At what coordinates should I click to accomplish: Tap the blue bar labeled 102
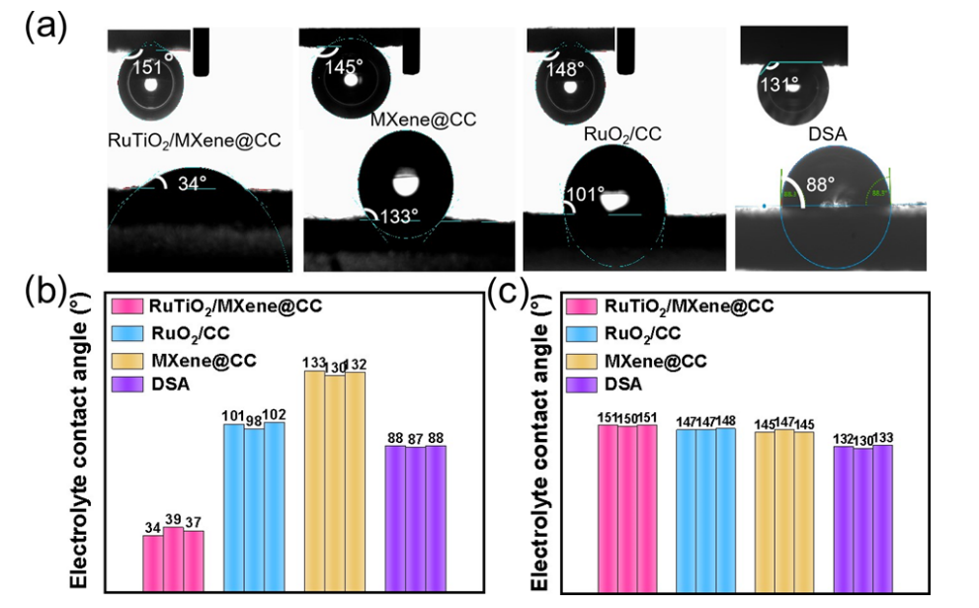pyautogui.click(x=274, y=506)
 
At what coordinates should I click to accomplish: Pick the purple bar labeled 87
pyautogui.click(x=415, y=519)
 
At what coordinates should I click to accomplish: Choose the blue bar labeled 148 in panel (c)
pyautogui.click(x=725, y=510)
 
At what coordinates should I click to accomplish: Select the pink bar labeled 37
pyautogui.click(x=194, y=561)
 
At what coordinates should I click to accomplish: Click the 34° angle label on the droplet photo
pyautogui.click(x=191, y=183)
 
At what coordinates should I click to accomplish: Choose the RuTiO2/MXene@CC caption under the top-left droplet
pyautogui.click(x=194, y=140)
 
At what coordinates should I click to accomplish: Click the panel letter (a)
pyautogui.click(x=45, y=23)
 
